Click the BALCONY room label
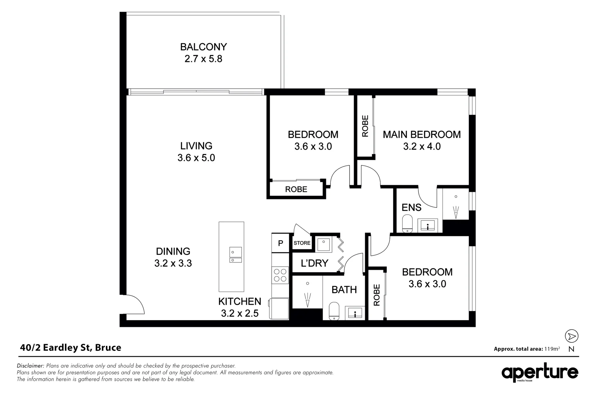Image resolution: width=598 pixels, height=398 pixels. point(203,47)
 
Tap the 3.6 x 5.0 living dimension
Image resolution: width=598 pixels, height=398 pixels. point(196,158)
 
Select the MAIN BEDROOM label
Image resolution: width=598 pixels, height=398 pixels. point(422,135)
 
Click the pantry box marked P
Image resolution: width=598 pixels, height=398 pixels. point(281,243)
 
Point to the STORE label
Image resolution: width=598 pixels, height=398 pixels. point(302,243)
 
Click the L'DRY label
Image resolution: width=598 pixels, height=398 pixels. point(315,263)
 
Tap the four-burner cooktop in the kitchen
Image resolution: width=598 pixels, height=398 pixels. point(280,275)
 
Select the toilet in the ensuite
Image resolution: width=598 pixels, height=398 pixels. point(407,223)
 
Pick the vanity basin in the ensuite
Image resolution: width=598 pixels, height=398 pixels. point(428,225)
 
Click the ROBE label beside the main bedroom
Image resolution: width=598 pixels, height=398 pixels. point(365,126)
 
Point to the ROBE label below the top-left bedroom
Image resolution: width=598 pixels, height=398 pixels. point(296,189)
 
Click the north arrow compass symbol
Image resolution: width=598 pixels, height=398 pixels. point(571,336)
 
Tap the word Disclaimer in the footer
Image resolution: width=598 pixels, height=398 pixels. point(31,366)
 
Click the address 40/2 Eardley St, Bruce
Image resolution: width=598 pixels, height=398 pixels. point(70,348)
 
